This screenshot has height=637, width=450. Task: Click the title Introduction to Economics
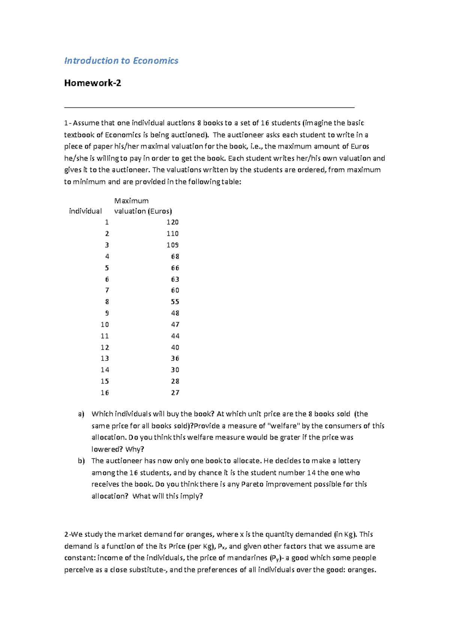121,61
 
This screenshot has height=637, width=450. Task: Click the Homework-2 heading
93,83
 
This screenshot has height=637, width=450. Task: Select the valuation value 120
172,222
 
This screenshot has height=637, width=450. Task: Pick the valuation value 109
172,245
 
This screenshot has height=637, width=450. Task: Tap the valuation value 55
175,302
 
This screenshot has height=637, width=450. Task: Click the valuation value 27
175,392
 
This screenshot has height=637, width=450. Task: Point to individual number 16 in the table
105,392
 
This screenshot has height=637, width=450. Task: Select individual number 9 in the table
107,313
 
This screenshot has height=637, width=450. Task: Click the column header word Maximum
131,201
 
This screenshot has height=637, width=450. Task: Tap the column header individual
85,211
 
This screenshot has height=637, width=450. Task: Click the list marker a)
81,414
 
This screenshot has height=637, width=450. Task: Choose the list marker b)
81,461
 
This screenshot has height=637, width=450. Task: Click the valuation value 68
175,256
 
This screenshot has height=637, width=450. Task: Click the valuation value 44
175,336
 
